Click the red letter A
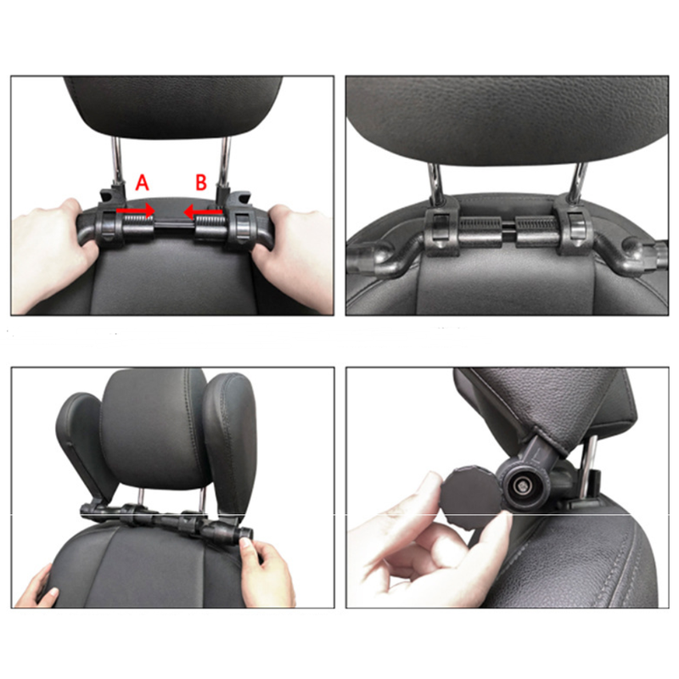pyautogui.click(x=142, y=182)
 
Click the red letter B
pyautogui.click(x=201, y=182)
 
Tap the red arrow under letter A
pyautogui.click(x=136, y=210)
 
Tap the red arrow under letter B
pyautogui.click(x=203, y=212)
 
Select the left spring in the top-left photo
pyautogui.click(x=138, y=224)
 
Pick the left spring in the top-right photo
pyautogui.click(x=480, y=225)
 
